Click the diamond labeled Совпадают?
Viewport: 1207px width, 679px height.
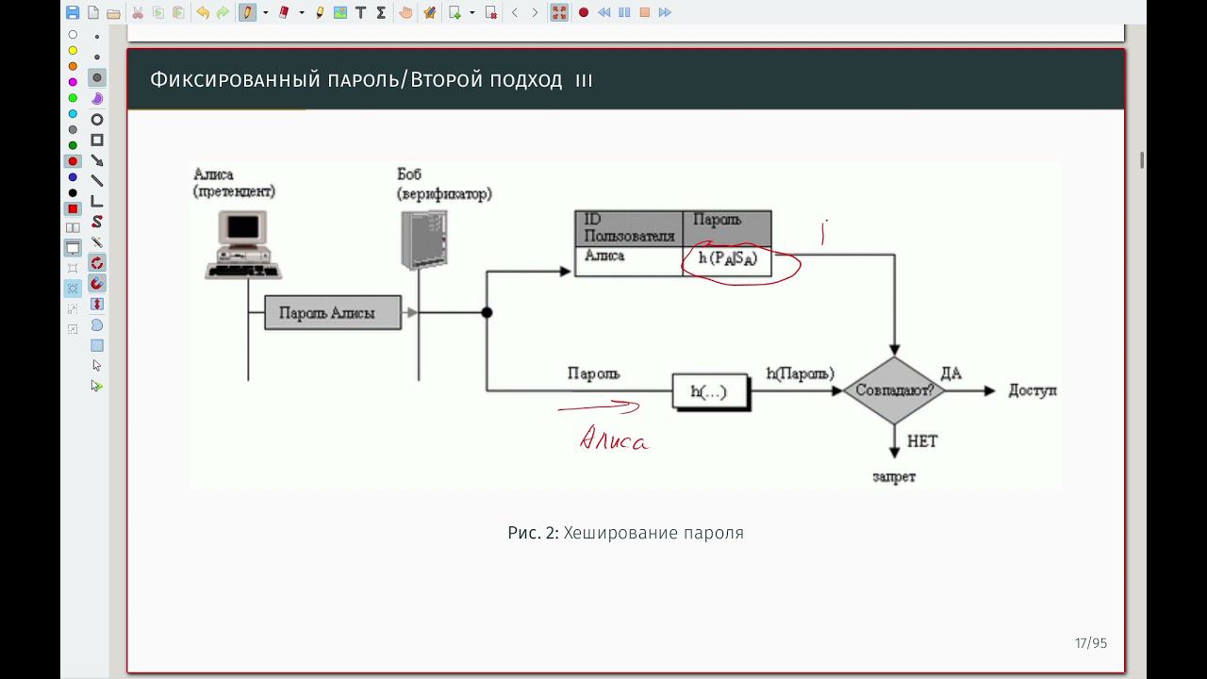(893, 390)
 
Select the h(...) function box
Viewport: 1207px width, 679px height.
(709, 391)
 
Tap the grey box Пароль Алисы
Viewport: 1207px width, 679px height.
(332, 313)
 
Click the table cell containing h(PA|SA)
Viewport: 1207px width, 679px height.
(727, 259)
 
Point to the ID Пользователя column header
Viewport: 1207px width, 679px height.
(628, 228)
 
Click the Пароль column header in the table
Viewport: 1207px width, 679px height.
(725, 226)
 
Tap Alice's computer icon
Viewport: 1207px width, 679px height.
(243, 243)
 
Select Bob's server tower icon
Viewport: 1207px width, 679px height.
(422, 240)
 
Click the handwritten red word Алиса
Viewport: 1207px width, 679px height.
(613, 439)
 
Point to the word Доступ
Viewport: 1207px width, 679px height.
(1033, 390)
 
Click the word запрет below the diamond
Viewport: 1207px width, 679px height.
(893, 477)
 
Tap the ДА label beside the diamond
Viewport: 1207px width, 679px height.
(951, 373)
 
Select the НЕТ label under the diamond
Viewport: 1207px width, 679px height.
(922, 440)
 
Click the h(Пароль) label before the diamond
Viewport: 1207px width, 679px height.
(800, 373)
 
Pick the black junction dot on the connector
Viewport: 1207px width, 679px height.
(487, 313)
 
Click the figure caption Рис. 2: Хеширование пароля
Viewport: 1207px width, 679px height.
(625, 533)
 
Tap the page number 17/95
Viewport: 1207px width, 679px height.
(1090, 643)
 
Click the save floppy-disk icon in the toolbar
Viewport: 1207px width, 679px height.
(73, 12)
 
